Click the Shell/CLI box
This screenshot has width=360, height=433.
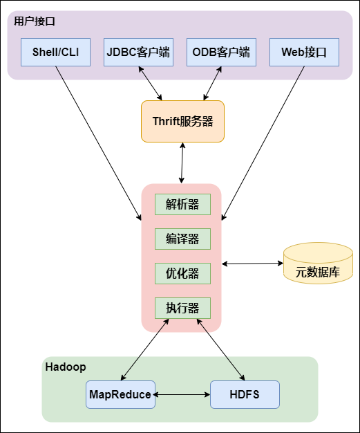56,52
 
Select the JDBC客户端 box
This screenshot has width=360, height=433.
139,52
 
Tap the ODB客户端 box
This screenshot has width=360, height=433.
221,52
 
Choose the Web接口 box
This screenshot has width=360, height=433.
304,52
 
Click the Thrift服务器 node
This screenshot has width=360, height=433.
182,121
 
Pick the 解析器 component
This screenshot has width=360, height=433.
182,204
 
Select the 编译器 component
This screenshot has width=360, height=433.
182,239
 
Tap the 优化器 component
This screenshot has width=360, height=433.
182,273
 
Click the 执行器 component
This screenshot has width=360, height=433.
182,308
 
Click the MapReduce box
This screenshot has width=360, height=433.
120,394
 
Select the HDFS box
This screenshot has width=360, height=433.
245,394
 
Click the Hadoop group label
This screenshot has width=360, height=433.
65,367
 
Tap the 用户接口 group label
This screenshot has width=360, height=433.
35,21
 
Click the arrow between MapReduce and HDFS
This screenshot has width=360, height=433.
182,394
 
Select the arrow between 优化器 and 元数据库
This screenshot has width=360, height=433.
252,264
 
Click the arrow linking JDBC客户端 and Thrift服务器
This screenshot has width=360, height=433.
151,83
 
